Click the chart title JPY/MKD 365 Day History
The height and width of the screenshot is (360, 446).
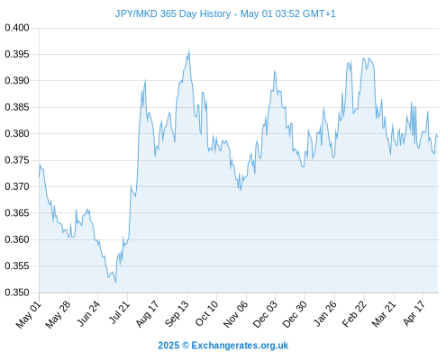(173, 13)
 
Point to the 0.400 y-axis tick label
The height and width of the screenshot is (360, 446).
(17, 28)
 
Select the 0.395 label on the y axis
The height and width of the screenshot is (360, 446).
(17, 54)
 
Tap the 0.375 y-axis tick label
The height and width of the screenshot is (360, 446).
(17, 160)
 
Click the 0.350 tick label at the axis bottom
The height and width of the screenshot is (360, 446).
(17, 292)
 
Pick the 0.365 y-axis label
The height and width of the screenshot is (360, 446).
(17, 213)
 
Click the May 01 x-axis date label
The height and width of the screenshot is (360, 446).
(29, 314)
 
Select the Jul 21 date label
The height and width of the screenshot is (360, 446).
(119, 312)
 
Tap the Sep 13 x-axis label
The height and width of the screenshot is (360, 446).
(177, 314)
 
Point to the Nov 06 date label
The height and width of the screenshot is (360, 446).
(236, 314)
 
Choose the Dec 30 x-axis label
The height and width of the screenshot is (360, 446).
(295, 314)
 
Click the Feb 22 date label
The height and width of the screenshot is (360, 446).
(354, 314)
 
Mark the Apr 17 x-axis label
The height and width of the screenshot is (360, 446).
(414, 313)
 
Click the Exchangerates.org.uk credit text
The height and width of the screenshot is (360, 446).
(240, 346)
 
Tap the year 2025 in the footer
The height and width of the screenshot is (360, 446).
(168, 346)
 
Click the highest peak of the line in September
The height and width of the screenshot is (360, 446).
(189, 50)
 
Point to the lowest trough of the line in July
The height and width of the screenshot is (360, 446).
(115, 283)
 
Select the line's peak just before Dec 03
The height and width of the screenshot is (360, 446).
(274, 71)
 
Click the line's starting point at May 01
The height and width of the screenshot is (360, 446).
(39, 176)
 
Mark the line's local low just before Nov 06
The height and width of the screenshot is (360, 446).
(241, 191)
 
